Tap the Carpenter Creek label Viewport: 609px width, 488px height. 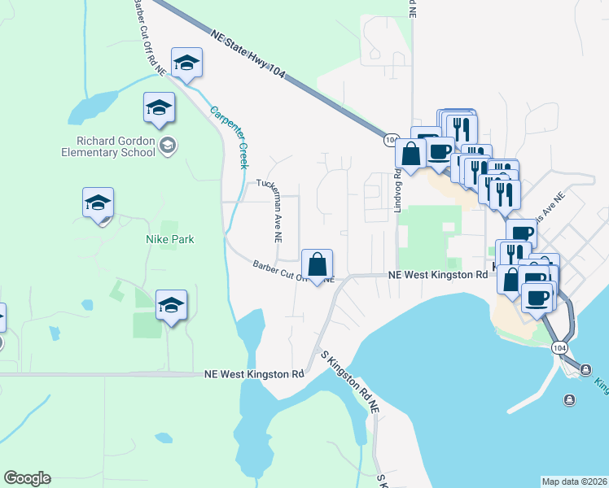pyautogui.click(x=229, y=137)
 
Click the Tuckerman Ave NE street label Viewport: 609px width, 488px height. pyautogui.click(x=269, y=210)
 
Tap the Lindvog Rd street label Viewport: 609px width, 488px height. pyautogui.click(x=398, y=191)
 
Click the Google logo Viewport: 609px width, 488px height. pyautogui.click(x=27, y=478)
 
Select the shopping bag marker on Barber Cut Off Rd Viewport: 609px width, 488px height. pyautogui.click(x=318, y=264)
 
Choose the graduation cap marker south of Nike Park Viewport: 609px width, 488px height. pyautogui.click(x=171, y=305)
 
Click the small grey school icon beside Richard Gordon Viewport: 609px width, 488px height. pyautogui.click(x=169, y=146)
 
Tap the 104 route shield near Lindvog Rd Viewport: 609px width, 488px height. pyautogui.click(x=390, y=141)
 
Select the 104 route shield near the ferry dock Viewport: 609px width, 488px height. pyautogui.click(x=558, y=347)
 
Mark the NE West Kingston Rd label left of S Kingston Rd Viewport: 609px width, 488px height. pyautogui.click(x=254, y=374)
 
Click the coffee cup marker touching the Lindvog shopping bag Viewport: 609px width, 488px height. pyautogui.click(x=440, y=152)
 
